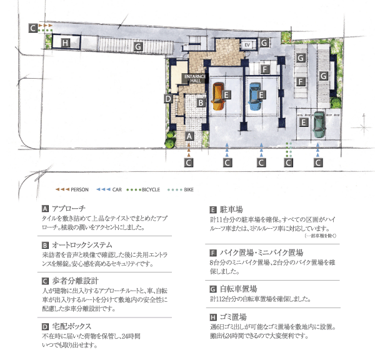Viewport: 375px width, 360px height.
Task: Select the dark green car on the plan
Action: [319, 124]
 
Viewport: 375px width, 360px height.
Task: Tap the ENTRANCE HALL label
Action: [191, 78]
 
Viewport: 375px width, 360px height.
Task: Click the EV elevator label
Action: [246, 45]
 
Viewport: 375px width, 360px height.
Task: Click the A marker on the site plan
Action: [189, 136]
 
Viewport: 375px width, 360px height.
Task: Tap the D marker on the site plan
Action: [168, 98]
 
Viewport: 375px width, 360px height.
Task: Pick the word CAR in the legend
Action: [117, 188]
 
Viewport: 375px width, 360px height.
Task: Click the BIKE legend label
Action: [189, 188]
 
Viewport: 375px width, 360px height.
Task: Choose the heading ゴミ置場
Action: [232, 317]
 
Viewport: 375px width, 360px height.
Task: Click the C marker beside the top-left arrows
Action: [32, 28]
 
